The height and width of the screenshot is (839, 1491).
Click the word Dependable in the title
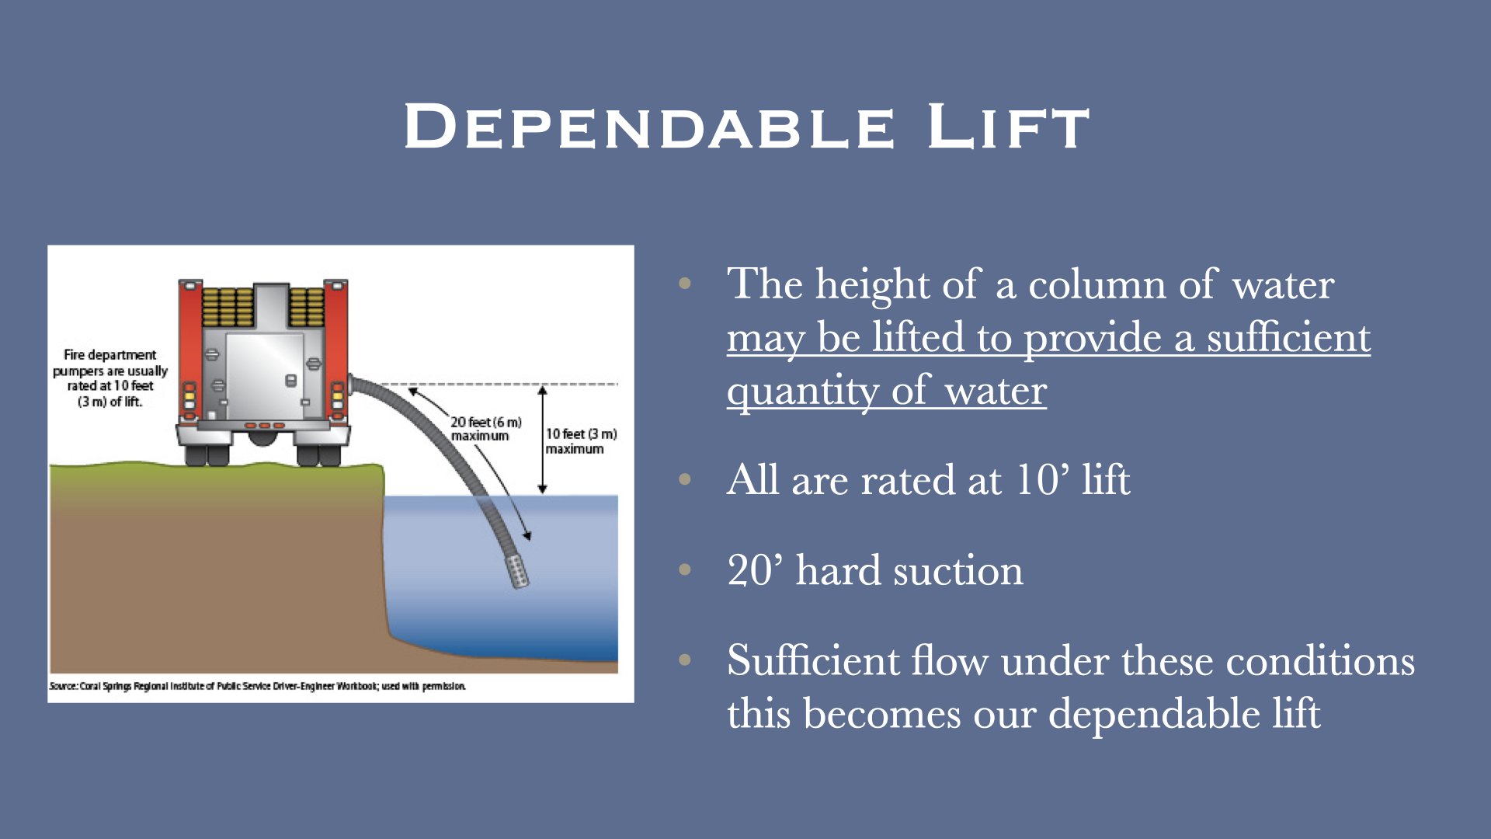pyautogui.click(x=649, y=127)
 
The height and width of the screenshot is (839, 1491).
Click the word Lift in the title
pyautogui.click(x=1008, y=127)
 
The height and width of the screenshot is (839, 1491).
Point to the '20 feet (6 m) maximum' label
pyautogui.click(x=485, y=429)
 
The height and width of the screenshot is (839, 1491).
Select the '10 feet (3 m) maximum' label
pyautogui.click(x=581, y=441)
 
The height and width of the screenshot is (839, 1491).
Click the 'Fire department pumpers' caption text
pyautogui.click(x=109, y=378)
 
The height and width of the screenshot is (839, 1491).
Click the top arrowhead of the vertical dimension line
pyautogui.click(x=543, y=392)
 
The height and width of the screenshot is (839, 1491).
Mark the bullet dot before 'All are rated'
pyautogui.click(x=684, y=479)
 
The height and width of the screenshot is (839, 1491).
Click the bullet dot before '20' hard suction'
pyautogui.click(x=684, y=570)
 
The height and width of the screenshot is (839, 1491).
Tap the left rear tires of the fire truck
pyautogui.click(x=207, y=454)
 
